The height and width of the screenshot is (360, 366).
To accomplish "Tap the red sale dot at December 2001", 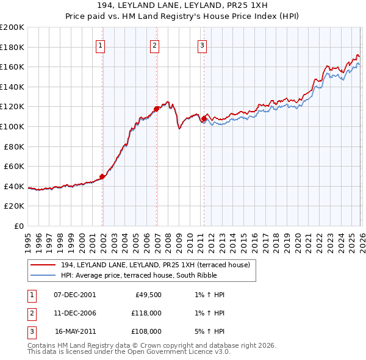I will (102, 176).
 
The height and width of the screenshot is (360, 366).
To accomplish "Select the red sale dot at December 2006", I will (157, 109).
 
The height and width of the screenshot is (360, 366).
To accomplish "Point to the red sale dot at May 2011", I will (204, 118).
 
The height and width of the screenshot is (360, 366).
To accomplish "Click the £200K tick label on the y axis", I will (12, 27).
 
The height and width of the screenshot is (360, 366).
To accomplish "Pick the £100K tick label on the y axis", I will (12, 126).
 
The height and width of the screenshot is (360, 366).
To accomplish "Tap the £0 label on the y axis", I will (18, 226).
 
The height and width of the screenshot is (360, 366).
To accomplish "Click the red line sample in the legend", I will (43, 265).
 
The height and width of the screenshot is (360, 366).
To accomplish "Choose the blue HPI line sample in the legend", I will (43, 275).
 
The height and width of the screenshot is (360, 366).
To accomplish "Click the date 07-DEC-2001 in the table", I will (75, 295).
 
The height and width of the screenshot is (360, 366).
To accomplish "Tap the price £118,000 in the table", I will (146, 313).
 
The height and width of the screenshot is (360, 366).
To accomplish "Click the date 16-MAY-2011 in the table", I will (75, 331).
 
